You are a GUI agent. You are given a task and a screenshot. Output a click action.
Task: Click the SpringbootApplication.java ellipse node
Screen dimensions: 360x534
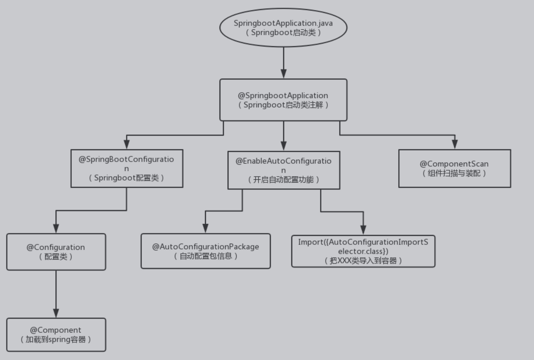coord(283,28)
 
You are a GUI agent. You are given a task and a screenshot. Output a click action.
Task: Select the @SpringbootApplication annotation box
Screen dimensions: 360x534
coord(283,100)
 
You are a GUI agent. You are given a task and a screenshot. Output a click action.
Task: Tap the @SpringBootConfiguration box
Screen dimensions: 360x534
coord(127,168)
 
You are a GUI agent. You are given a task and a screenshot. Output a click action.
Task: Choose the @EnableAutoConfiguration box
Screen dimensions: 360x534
coord(283,170)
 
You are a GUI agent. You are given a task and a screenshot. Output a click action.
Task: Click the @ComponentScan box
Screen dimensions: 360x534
coord(454,168)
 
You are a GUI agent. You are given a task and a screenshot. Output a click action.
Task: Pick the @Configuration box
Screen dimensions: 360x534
coord(56,252)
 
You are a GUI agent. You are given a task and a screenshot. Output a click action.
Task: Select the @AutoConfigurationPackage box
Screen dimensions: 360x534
coord(206,251)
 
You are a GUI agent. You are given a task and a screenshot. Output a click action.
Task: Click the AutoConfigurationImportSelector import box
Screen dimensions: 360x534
coord(363,251)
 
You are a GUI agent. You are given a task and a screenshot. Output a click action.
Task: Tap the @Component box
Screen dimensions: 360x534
coord(56,334)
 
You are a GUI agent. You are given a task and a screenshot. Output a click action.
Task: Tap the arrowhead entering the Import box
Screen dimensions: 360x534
coord(363,230)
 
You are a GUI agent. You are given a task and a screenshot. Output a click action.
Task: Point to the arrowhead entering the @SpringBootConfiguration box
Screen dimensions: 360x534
coord(127,144)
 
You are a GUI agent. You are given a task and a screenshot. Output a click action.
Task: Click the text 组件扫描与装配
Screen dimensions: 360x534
coord(454,173)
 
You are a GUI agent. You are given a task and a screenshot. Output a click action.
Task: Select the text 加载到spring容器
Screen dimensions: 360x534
coord(56,339)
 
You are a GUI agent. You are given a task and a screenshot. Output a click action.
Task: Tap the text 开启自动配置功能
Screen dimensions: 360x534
coord(283,180)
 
